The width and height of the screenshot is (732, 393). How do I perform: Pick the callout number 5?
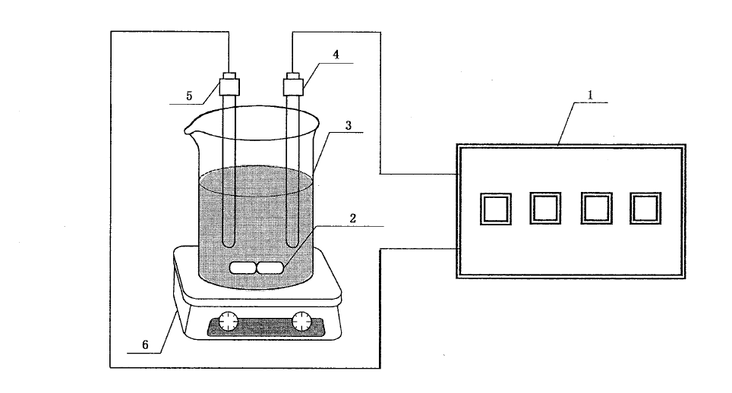pyautogui.click(x=190, y=96)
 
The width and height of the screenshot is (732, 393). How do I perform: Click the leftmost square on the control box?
pyautogui.click(x=495, y=208)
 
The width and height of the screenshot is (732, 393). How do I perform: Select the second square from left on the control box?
pyautogui.click(x=545, y=207)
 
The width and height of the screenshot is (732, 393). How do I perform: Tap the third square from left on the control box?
pyautogui.click(x=595, y=207)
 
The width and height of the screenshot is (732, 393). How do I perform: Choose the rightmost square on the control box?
pyautogui.click(x=645, y=207)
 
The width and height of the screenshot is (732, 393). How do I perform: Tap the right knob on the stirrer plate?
pyautogui.click(x=302, y=322)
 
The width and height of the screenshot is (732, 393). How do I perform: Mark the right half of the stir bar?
pyautogui.click(x=271, y=267)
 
